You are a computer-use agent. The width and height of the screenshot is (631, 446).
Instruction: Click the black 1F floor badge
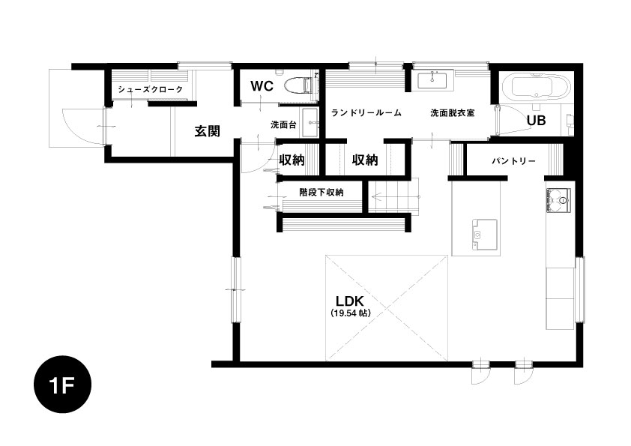tap(62, 385)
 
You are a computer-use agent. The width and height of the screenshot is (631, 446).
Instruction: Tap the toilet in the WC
tap(298, 85)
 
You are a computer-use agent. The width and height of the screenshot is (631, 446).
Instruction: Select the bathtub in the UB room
tap(536, 85)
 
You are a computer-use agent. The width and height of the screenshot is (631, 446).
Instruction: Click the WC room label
tap(262, 85)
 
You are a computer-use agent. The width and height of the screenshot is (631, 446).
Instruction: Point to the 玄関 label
tap(208, 131)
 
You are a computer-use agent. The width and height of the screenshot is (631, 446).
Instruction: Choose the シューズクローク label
tap(151, 89)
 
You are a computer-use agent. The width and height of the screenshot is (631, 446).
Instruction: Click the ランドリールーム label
tap(366, 113)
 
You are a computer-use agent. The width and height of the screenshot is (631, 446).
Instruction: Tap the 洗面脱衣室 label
tap(453, 113)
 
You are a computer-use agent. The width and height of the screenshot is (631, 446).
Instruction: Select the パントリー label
tap(513, 161)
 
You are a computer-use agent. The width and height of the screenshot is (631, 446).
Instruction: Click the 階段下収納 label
tap(321, 192)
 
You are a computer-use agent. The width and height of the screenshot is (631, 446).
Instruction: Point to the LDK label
tap(350, 301)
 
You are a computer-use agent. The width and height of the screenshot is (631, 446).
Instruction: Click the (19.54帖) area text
tap(350, 313)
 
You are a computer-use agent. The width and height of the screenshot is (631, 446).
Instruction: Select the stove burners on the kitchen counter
tap(558, 200)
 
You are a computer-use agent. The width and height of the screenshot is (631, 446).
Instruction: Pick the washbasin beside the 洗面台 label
tap(310, 123)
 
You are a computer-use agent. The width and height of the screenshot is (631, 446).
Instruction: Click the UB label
tap(536, 120)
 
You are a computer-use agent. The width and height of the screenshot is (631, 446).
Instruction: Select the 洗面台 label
tap(283, 124)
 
